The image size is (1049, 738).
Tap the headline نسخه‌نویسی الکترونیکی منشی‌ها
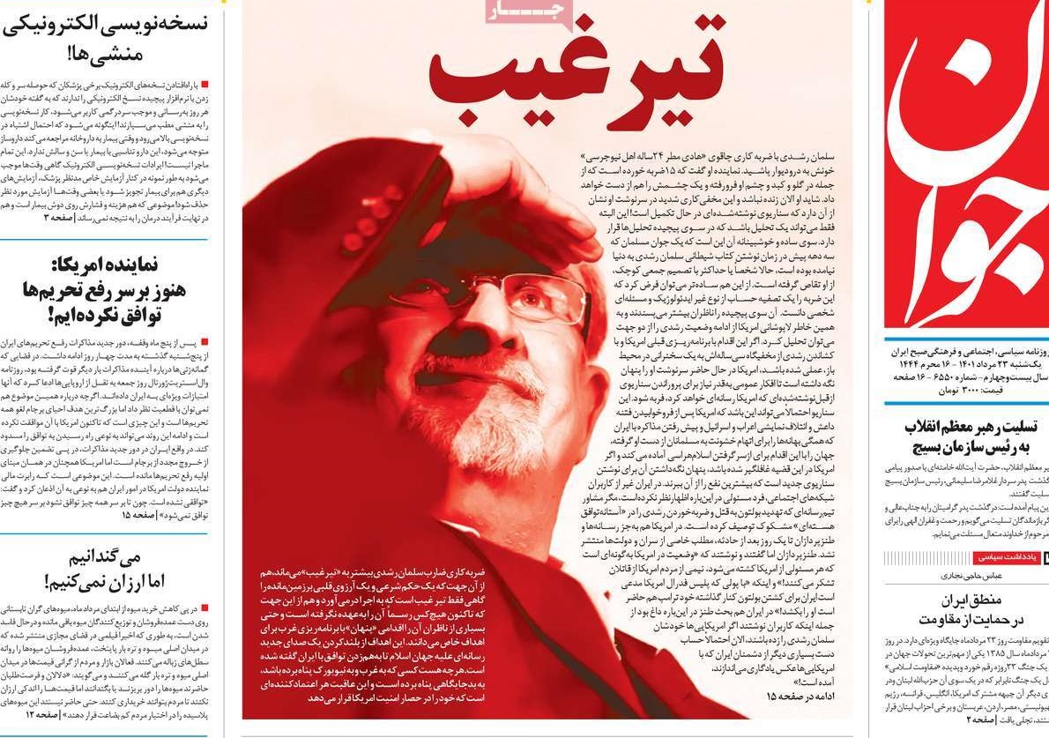[106, 39]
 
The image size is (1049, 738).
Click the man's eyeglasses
[494, 295]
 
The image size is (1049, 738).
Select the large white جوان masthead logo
[965, 168]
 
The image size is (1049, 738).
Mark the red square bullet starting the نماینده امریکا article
[205, 339]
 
